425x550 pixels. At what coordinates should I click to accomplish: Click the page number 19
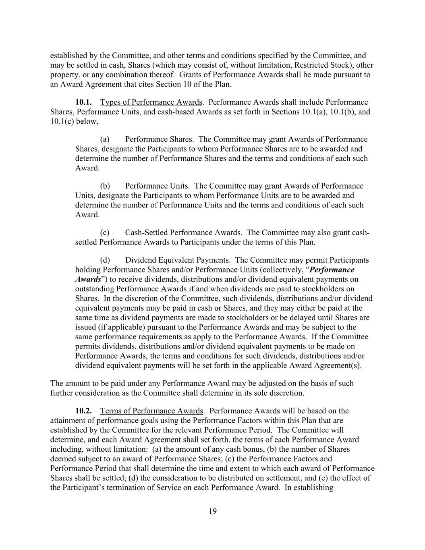[213, 511]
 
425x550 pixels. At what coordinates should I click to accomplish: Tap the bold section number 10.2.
[84, 411]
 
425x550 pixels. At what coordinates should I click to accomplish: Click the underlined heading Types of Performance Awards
[151, 102]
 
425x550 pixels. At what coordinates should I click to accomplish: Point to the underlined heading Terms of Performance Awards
[151, 411]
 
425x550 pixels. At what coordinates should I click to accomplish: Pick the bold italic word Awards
[88, 279]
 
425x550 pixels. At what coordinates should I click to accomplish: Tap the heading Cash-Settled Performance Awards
[184, 232]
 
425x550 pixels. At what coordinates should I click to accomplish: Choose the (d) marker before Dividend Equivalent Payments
[105, 260]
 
